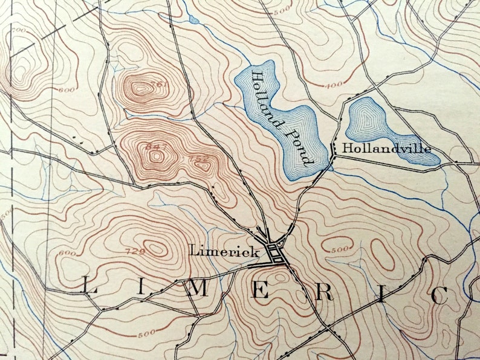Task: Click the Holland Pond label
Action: tap(281, 118)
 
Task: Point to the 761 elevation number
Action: tap(160, 85)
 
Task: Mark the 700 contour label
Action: tap(18, 30)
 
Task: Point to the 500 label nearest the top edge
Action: tap(281, 12)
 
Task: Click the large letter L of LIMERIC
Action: tap(88, 288)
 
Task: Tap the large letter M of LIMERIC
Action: tap(198, 289)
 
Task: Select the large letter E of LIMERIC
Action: tap(260, 291)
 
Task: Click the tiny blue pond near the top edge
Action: tap(193, 20)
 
